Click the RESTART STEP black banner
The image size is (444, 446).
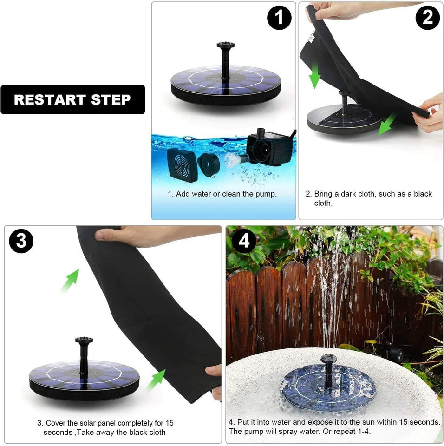(72, 99)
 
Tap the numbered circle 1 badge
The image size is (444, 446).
(279, 18)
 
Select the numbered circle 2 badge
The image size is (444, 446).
(427, 18)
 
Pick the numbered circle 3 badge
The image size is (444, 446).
(21, 241)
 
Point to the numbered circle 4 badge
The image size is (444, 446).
(244, 241)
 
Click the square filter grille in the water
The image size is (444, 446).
(182, 164)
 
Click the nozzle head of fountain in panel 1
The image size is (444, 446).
(225, 46)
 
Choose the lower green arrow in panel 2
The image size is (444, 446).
(386, 125)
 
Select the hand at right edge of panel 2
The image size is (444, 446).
(429, 113)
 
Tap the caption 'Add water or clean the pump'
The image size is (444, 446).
(222, 194)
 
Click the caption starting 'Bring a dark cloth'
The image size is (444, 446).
(369, 198)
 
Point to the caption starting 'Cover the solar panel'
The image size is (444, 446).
(105, 427)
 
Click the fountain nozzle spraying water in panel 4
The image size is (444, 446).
(328, 360)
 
